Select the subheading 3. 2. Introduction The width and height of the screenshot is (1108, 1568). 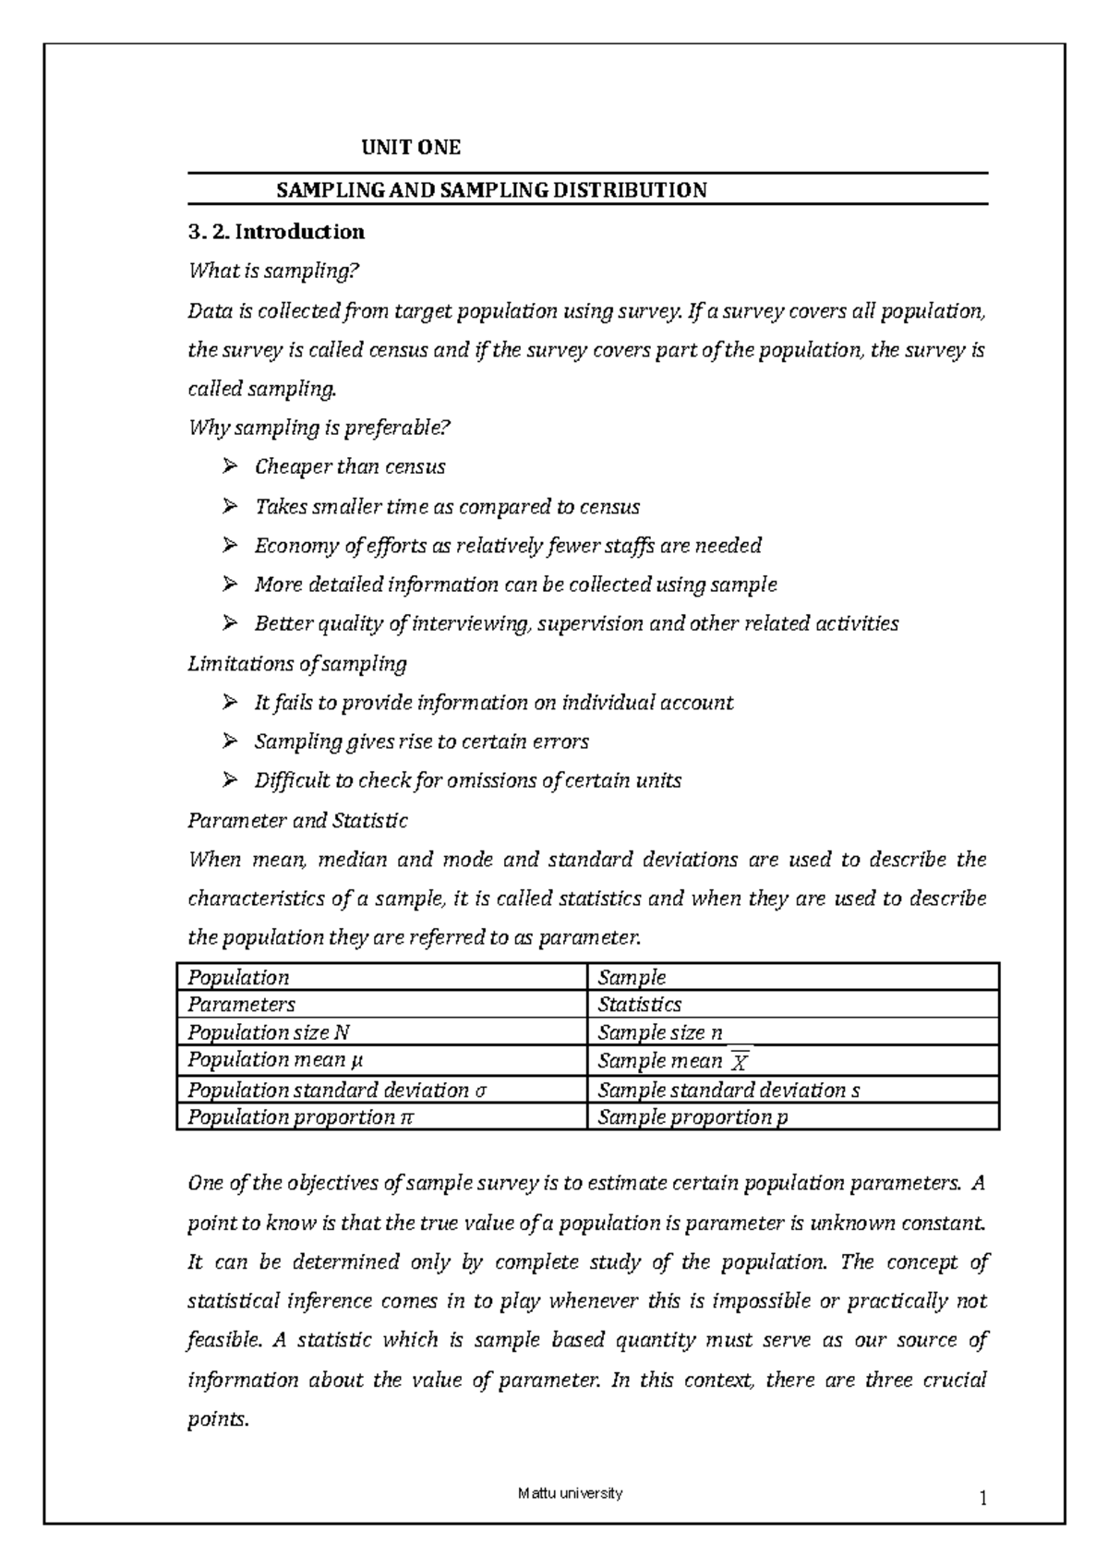pyautogui.click(x=276, y=232)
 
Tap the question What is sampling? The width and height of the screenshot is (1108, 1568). pyautogui.click(x=271, y=271)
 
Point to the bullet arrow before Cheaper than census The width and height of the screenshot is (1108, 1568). pyautogui.click(x=230, y=467)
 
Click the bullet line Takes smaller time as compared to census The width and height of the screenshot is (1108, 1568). pyautogui.click(x=447, y=507)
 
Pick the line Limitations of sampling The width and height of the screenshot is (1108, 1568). pyautogui.click(x=296, y=663)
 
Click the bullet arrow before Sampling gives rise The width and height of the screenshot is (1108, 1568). pyautogui.click(x=230, y=742)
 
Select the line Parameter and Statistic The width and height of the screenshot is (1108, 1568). pyautogui.click(x=297, y=820)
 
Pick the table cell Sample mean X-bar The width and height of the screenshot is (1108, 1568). pyautogui.click(x=672, y=1061)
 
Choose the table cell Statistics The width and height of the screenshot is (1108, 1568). pyautogui.click(x=639, y=1005)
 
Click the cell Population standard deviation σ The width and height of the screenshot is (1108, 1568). pyautogui.click(x=336, y=1090)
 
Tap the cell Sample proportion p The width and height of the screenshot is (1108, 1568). pyautogui.click(x=692, y=1117)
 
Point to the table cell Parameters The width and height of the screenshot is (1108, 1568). pyautogui.click(x=241, y=1005)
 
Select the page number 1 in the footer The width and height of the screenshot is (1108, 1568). pyautogui.click(x=983, y=1500)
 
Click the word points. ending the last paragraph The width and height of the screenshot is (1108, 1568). pyautogui.click(x=218, y=1419)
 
